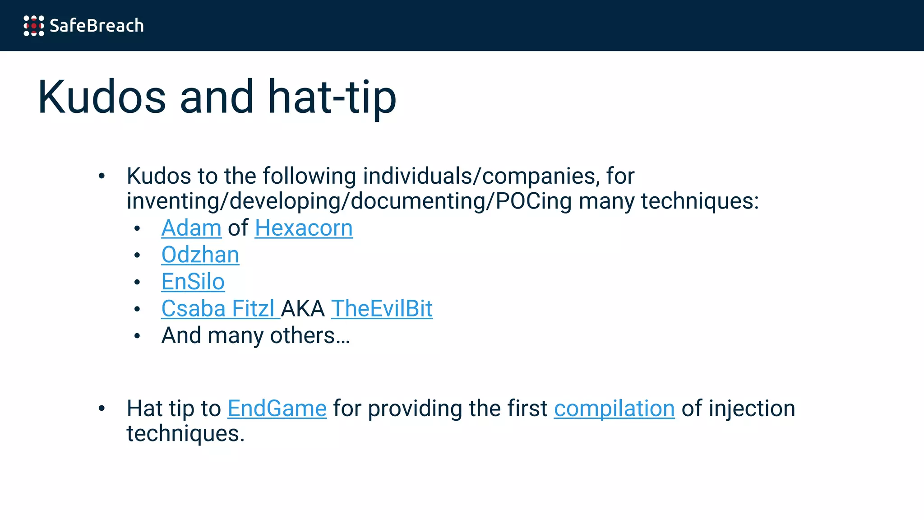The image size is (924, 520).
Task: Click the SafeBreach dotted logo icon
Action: coord(34,26)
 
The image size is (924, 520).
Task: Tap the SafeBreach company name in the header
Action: coord(97,26)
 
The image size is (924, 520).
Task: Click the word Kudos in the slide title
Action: coord(102,97)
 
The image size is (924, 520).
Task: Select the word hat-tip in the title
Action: coord(332,97)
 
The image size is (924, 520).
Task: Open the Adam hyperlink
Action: coord(191,228)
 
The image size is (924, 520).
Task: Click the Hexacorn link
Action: coord(304,228)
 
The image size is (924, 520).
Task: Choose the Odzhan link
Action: coord(200,255)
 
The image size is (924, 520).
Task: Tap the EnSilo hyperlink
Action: coord(193,282)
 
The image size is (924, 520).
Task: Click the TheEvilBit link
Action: coord(382,309)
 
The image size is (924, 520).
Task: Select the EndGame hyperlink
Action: coord(277,409)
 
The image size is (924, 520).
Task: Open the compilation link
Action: coord(614,409)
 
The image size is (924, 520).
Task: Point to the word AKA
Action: coord(303,309)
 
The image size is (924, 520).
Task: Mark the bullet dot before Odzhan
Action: coord(137,255)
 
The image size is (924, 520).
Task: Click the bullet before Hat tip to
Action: coord(102,409)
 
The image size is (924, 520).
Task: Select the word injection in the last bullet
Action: coord(752,409)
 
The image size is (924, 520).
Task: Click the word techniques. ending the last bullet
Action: coord(185,434)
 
